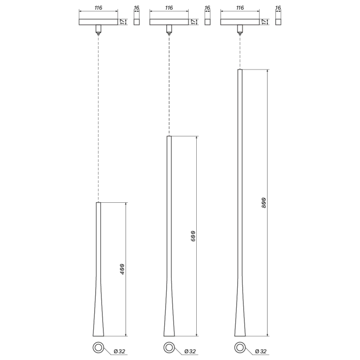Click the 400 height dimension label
pyautogui.click(x=122, y=269)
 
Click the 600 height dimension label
pyautogui.click(x=193, y=236)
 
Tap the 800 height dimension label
pyautogui.click(x=264, y=203)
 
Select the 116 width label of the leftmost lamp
pyautogui.click(x=98, y=8)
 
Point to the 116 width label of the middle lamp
pyautogui.click(x=169, y=8)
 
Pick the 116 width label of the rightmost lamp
pyautogui.click(x=240, y=8)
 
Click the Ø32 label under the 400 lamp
pyautogui.click(x=120, y=351)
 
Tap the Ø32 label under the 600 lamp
pyautogui.click(x=190, y=351)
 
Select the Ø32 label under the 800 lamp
pyautogui.click(x=261, y=351)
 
